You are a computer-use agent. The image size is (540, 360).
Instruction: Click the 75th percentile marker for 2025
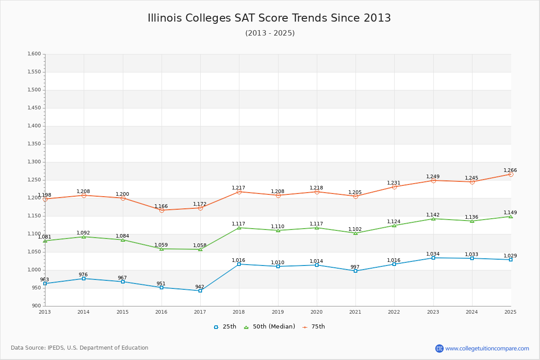click(511, 174)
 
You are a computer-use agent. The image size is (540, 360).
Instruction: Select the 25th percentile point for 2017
click(200, 291)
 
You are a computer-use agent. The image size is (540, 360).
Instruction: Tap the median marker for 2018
click(239, 228)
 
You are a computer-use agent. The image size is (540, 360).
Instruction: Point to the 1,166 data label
click(161, 206)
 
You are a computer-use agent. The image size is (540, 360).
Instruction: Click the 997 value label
click(355, 267)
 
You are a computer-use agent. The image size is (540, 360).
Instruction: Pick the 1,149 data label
click(510, 212)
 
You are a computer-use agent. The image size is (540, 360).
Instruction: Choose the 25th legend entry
click(225, 327)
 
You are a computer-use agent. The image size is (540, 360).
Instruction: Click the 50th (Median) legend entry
click(270, 327)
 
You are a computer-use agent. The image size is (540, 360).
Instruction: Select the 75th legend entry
click(314, 327)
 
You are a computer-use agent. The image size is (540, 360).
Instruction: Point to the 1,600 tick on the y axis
click(34, 54)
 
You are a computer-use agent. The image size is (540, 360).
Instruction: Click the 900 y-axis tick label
click(36, 306)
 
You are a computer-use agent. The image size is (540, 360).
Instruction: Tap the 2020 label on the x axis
click(316, 312)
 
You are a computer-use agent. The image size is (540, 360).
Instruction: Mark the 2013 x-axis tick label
click(45, 312)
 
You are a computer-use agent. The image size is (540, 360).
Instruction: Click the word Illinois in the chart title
click(165, 18)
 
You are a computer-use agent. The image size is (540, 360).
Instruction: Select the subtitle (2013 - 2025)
click(270, 33)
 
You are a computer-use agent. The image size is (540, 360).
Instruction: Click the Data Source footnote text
click(80, 348)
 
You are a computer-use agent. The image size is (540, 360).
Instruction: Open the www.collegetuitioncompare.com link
click(487, 348)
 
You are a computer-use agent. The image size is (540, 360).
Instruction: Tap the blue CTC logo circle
click(440, 348)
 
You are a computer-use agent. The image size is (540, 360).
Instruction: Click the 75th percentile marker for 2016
click(162, 210)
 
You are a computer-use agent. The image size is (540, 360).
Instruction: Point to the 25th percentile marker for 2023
click(433, 258)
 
